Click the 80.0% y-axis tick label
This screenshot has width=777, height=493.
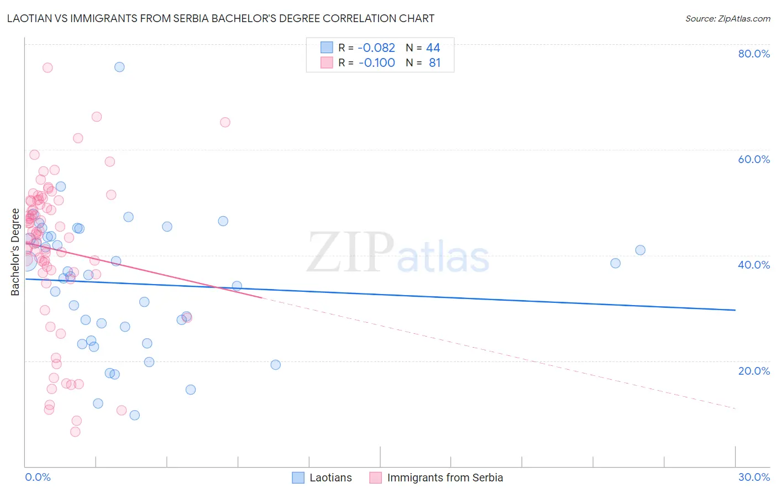click(x=754, y=54)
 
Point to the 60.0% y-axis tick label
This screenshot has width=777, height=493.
click(x=754, y=159)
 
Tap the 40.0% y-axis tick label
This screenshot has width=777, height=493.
click(x=754, y=265)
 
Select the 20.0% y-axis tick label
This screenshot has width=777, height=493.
click(x=754, y=371)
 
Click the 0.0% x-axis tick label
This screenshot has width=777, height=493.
click(x=38, y=478)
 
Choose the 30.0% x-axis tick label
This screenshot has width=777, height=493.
click(x=754, y=478)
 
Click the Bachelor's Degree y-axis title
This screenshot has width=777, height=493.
click(x=15, y=252)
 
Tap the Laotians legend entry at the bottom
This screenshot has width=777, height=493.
click(x=330, y=478)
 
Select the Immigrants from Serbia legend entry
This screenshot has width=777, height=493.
click(x=445, y=478)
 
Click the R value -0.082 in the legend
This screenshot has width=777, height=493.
click(x=376, y=48)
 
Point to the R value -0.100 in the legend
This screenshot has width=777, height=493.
click(x=376, y=63)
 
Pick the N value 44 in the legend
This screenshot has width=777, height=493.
click(x=433, y=48)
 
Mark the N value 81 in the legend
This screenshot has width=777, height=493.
click(x=435, y=63)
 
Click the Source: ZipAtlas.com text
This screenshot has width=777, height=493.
click(x=727, y=19)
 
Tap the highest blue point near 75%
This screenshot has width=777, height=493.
click(x=119, y=67)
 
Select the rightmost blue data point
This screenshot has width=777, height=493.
click(x=640, y=250)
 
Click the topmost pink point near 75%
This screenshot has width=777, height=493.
click(x=48, y=67)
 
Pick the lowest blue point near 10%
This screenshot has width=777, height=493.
click(x=134, y=415)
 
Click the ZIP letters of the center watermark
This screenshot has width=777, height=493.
click(x=350, y=252)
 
